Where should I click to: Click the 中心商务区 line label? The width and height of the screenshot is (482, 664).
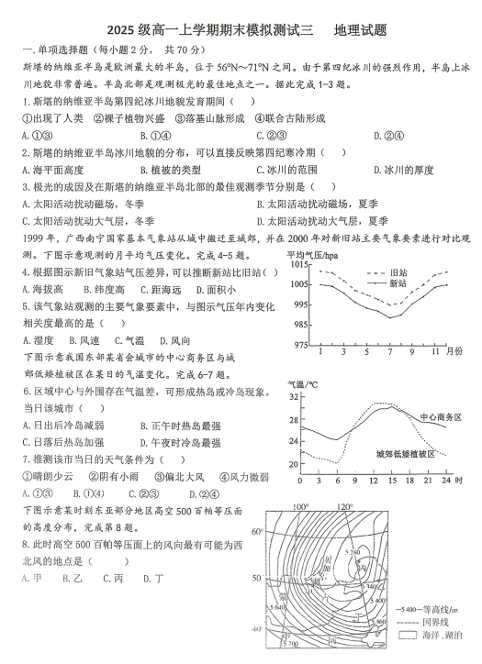coord(439,417)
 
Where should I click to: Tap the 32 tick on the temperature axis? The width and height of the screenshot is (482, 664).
coord(295,397)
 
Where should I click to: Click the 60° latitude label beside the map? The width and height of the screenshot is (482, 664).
coord(258,531)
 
